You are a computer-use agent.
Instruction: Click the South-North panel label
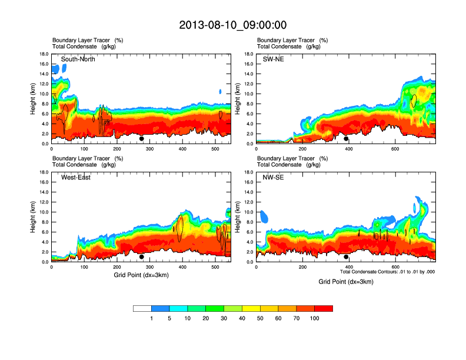point(78,59)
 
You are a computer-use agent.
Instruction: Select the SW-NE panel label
point(273,59)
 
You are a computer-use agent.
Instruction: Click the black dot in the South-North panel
point(142,139)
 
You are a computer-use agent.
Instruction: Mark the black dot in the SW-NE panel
point(347,139)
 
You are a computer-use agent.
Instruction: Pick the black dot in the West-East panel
point(142,256)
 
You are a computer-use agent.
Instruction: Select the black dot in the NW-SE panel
point(347,256)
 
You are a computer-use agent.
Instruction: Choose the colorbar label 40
point(242,318)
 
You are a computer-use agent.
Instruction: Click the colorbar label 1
point(151,318)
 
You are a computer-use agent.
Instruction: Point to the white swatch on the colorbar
point(142,308)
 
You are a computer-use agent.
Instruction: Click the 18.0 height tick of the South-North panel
point(44,54)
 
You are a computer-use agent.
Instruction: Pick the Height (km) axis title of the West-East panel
point(34,216)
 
